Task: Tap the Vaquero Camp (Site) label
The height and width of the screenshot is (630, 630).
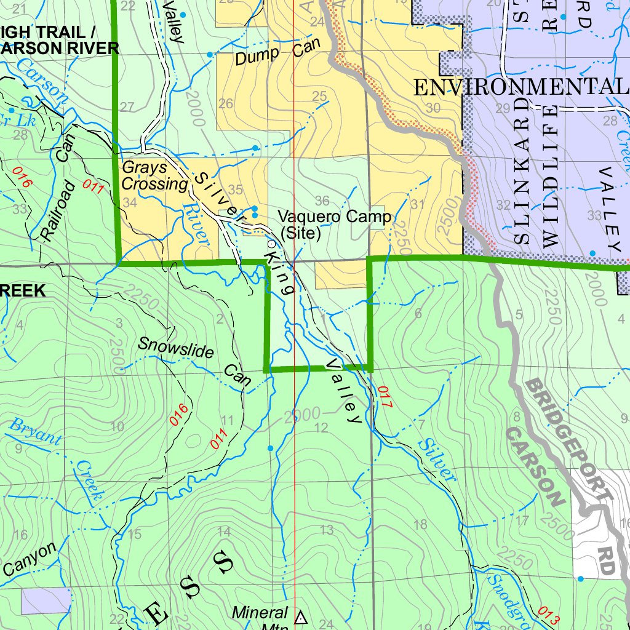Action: pos(333,225)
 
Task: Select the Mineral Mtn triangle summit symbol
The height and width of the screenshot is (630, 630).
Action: pos(301,617)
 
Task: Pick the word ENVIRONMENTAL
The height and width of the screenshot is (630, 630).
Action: pos(520,87)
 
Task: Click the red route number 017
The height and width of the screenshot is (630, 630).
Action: pos(385,398)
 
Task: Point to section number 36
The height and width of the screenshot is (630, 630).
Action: pos(321,201)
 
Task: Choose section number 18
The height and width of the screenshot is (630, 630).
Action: pos(421,524)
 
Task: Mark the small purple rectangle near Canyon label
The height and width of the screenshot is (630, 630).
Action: pos(46,600)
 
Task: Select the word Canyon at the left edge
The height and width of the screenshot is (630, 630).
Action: pos(27,560)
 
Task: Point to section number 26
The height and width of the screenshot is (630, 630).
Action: pos(226,103)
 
